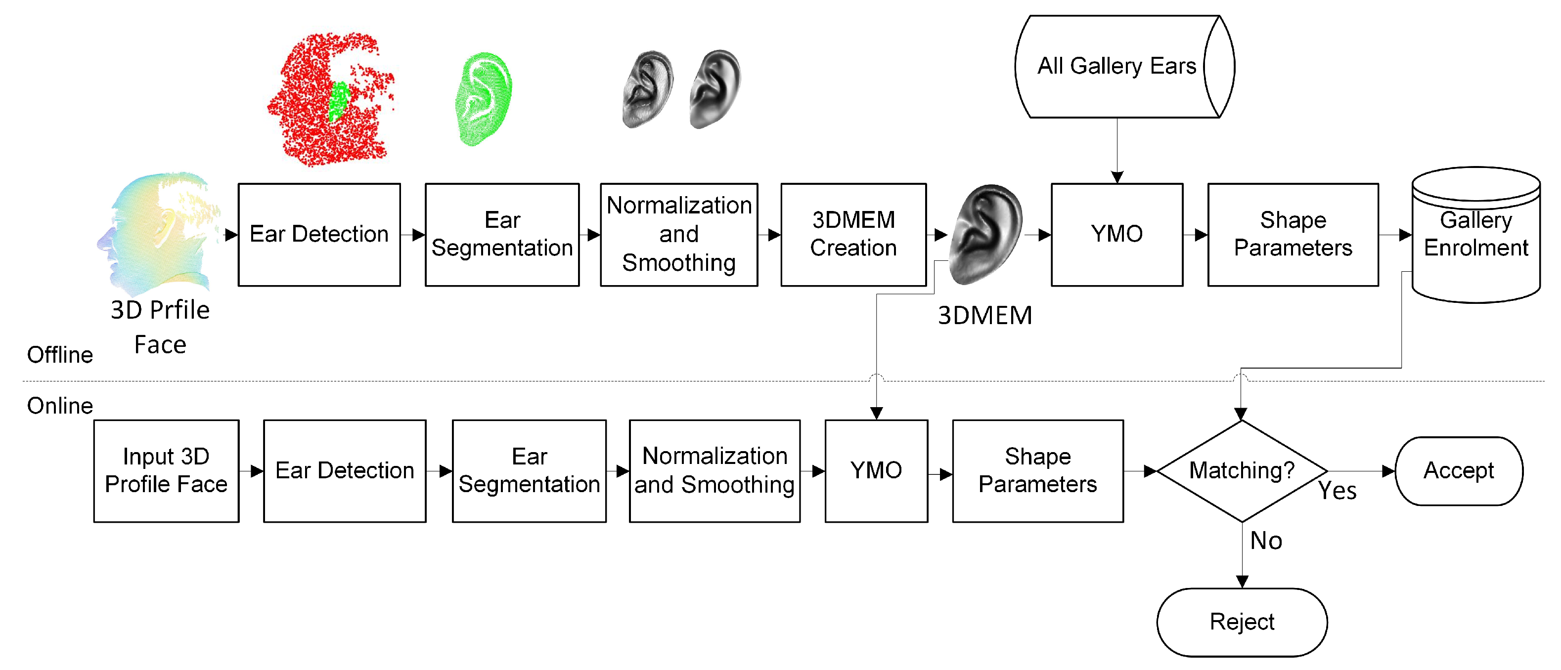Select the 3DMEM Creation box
coord(853,234)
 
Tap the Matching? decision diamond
coord(1242,471)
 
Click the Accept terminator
coord(1459,471)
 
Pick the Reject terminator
coord(1242,622)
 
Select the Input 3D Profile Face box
coord(166,471)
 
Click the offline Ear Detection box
coord(319,234)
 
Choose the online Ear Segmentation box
coord(529,471)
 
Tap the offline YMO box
coord(1117,234)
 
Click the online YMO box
coord(876,471)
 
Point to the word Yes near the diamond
coord(1337,491)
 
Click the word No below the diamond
coord(1266,541)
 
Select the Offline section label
coord(60,355)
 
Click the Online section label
coord(60,406)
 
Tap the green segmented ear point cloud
coord(484,99)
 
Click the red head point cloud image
coord(330,100)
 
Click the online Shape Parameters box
coord(1037,471)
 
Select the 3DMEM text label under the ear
coord(985,316)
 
